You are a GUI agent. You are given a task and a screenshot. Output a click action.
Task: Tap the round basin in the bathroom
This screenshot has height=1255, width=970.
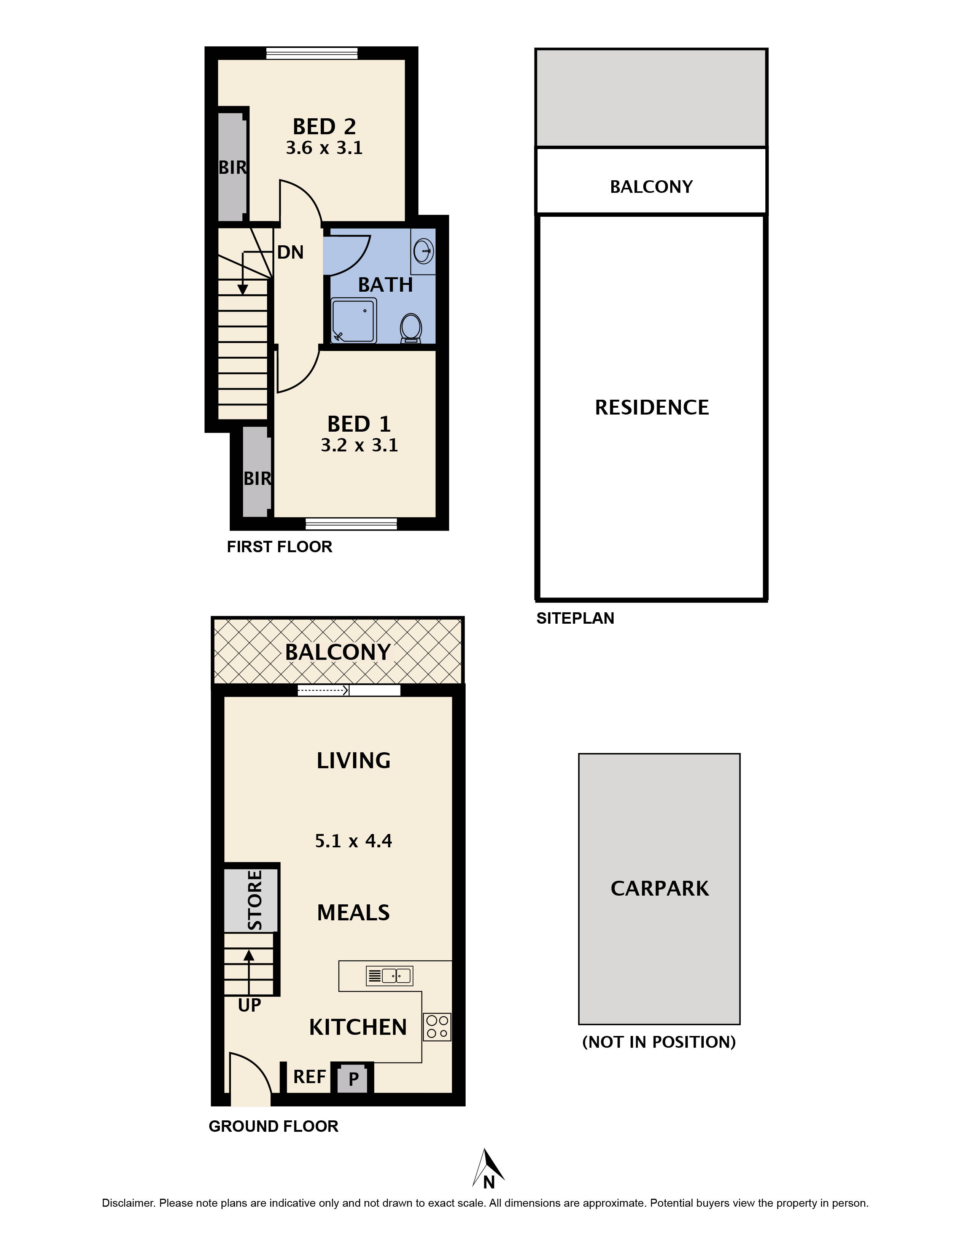click(x=423, y=251)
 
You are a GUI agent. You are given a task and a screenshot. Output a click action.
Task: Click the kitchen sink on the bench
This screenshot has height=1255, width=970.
click(x=389, y=975)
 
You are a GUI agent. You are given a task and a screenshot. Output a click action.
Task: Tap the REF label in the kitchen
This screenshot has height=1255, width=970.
click(x=310, y=1076)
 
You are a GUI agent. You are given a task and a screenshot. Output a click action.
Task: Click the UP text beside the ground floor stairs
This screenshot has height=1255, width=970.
click(x=250, y=1005)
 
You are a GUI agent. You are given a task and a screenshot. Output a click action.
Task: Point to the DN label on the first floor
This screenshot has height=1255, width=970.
click(x=290, y=252)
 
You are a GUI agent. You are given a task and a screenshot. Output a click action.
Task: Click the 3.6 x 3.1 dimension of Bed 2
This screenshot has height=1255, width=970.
click(x=324, y=148)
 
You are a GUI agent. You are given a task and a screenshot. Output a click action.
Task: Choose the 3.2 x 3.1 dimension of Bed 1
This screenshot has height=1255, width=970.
click(x=359, y=445)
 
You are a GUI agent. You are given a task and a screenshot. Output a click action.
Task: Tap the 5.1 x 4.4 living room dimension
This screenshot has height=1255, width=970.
click(x=353, y=841)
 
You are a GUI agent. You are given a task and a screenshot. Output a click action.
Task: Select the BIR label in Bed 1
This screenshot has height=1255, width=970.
click(x=258, y=478)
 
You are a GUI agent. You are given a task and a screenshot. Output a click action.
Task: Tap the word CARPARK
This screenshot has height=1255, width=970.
click(x=660, y=888)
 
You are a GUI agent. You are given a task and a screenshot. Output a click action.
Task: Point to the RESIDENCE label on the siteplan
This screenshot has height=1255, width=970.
click(x=652, y=407)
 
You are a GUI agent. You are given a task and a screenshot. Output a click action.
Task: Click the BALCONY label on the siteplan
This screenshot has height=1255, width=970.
click(x=651, y=187)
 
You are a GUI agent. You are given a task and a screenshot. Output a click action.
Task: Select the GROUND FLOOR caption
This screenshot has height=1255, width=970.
click(x=274, y=1126)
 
